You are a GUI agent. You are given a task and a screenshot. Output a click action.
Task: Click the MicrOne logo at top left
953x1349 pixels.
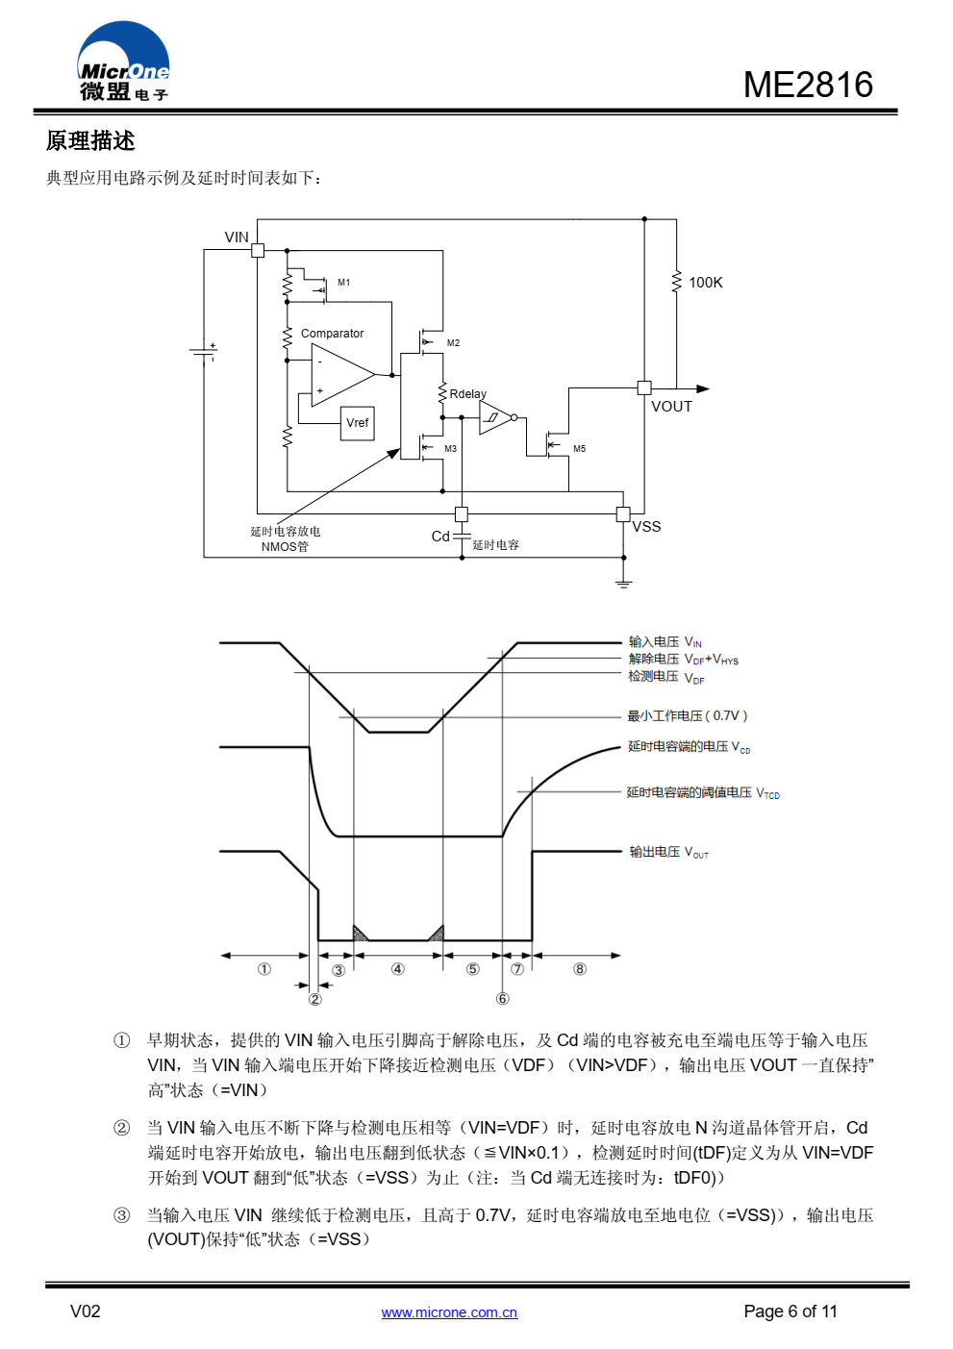(x=123, y=61)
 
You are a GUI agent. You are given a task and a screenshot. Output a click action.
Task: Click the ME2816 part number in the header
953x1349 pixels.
(x=808, y=85)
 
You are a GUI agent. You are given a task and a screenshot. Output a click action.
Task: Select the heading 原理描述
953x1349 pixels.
(x=90, y=141)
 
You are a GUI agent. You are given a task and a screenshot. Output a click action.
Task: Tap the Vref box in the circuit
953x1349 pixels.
(x=357, y=423)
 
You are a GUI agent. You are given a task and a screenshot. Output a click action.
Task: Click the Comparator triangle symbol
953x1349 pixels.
(x=342, y=375)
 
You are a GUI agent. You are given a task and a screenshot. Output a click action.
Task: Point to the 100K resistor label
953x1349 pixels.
(x=706, y=283)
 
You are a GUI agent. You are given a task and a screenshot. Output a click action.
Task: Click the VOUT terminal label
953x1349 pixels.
(x=671, y=407)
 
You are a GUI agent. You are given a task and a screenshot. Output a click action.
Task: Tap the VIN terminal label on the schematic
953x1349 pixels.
(x=237, y=237)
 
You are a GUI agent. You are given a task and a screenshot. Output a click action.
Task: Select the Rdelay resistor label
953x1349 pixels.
(x=468, y=394)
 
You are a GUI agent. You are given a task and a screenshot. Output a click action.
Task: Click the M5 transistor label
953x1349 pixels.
(x=580, y=449)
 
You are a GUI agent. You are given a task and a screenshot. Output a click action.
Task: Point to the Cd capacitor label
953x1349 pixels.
(x=440, y=537)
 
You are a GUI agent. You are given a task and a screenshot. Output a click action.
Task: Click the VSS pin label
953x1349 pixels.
(x=646, y=526)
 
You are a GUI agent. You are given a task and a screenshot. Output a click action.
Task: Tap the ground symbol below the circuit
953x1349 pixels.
(x=623, y=583)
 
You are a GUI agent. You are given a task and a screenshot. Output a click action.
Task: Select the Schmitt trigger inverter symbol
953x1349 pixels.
(x=497, y=417)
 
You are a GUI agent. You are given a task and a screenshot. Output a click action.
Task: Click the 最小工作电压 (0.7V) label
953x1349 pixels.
(x=688, y=716)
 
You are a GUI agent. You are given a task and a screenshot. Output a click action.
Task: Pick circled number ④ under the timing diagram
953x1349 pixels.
(x=397, y=969)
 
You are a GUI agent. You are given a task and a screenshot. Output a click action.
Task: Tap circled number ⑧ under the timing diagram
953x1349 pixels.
(x=579, y=969)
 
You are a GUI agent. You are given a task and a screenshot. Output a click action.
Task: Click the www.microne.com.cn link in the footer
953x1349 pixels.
(x=449, y=1312)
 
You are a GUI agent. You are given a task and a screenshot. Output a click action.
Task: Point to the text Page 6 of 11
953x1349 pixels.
(x=790, y=1312)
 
